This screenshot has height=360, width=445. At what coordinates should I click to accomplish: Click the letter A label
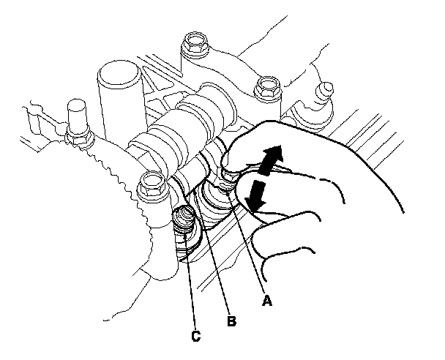[x=266, y=301]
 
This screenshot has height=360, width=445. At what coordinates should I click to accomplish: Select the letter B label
[x=231, y=321]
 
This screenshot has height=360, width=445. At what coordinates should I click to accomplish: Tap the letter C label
[x=196, y=336]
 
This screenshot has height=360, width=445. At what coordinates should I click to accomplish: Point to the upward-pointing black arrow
[x=272, y=160]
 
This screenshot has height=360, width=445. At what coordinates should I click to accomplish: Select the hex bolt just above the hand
[x=267, y=87]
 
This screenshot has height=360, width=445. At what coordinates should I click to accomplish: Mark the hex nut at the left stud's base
[x=78, y=138]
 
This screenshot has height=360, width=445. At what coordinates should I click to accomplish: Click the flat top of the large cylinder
[x=119, y=72]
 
